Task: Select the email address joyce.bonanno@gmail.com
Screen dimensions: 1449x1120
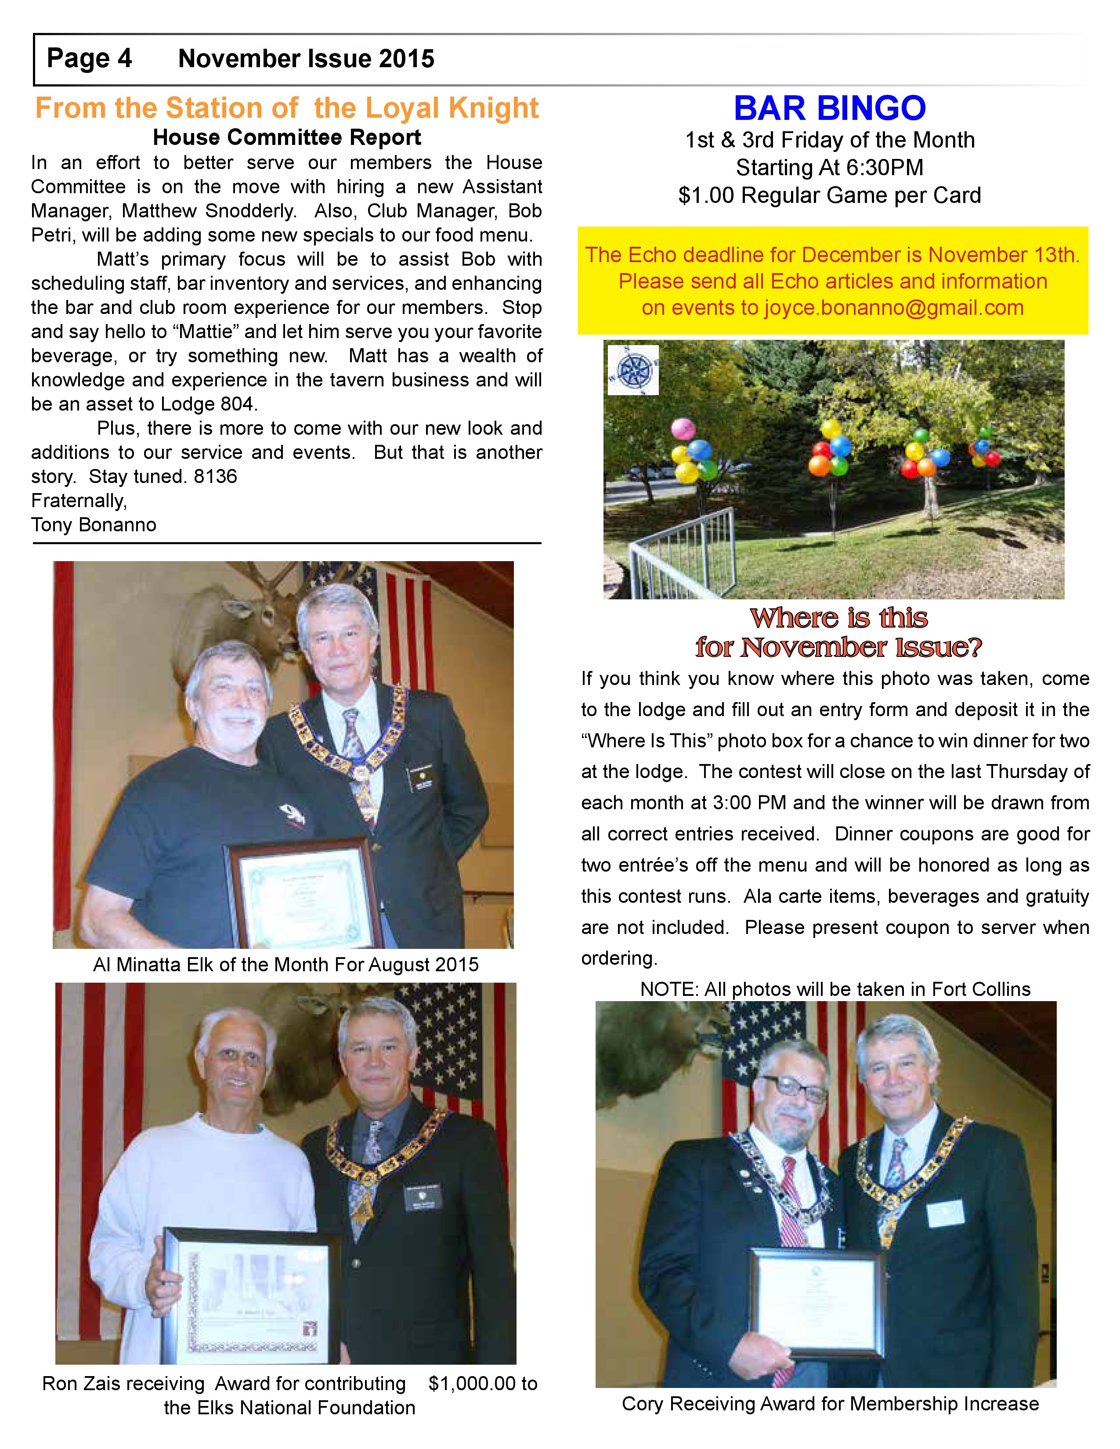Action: coord(893,308)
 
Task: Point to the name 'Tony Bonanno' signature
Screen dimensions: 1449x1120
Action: coord(94,525)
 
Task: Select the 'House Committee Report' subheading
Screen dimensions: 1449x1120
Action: coord(287,137)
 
